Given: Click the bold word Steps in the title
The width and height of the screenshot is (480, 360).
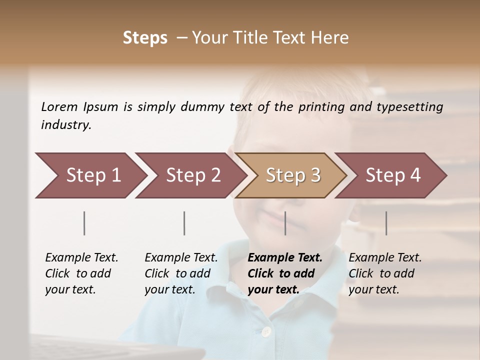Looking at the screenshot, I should click(x=145, y=37).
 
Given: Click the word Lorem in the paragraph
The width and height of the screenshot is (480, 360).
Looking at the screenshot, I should click(x=59, y=106).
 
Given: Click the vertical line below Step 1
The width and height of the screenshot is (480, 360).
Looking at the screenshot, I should click(x=84, y=223).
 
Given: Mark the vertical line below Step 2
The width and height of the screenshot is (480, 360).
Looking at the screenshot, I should click(x=184, y=223).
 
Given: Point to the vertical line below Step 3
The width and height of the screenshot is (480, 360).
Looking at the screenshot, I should click(x=285, y=223).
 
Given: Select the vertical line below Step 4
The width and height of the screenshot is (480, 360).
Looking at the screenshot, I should click(x=386, y=223).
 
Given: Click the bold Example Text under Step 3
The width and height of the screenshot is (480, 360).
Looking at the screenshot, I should click(x=285, y=258).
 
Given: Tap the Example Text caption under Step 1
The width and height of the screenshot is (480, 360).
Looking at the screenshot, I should click(x=81, y=258).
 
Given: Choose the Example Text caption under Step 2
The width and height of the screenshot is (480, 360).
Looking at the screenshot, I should click(x=181, y=258).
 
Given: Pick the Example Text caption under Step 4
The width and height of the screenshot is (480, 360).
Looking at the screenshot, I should click(x=385, y=258).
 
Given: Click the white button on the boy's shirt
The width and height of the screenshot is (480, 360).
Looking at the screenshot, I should click(x=266, y=331).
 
